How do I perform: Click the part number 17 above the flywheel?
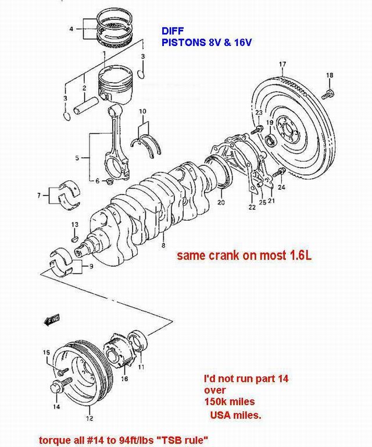(282, 63)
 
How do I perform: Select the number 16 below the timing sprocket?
(124, 379)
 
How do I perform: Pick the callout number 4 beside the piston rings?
(71, 28)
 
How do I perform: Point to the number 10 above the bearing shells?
(142, 111)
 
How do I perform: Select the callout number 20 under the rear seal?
(221, 203)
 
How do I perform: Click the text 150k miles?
(229, 402)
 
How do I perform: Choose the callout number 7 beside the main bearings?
(39, 195)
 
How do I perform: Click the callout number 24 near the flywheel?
(282, 187)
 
